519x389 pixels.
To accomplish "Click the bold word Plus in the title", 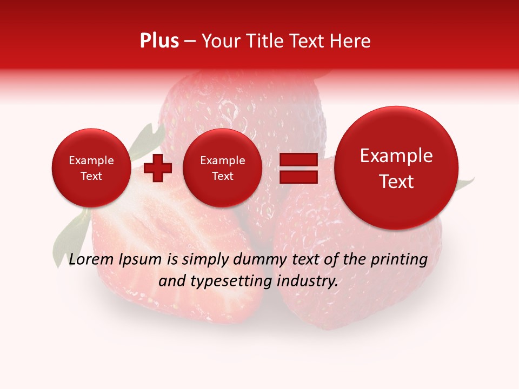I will tap(159, 41).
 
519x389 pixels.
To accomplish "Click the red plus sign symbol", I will tap(157, 169).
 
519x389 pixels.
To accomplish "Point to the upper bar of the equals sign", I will tap(298, 160).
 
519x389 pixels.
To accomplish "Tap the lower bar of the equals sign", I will tap(298, 177).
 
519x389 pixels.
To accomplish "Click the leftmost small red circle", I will tap(91, 168).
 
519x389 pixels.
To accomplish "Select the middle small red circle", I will tap(222, 168).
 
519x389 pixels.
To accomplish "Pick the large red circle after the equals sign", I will tap(396, 168).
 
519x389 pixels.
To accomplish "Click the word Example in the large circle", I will tap(396, 156).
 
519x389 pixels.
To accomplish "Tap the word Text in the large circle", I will tap(396, 182).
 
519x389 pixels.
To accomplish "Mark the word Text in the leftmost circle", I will tap(91, 176).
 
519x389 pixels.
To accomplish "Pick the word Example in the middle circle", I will tap(222, 160).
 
